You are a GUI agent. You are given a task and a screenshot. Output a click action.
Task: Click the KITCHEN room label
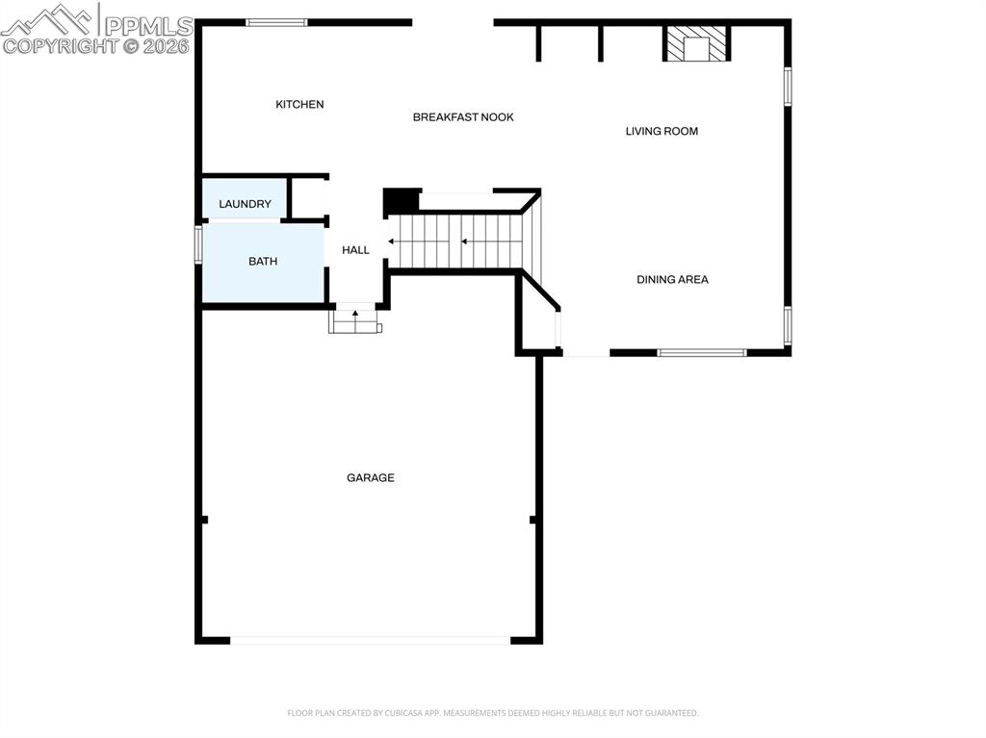coord(299,104)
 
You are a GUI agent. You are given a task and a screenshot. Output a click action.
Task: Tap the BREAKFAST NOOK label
coord(463,117)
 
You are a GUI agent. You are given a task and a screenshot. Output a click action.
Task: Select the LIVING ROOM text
coord(662,131)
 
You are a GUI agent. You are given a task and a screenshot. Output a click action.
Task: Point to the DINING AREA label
coord(672,279)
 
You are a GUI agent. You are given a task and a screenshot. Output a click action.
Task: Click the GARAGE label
coord(371,477)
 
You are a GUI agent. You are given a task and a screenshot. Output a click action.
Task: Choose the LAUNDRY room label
coord(245,204)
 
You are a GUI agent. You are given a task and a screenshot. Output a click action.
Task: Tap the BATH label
coord(263,261)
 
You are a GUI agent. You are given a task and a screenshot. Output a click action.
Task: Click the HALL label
coord(355,250)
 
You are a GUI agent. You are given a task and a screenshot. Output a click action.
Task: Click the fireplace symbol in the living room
coord(696,44)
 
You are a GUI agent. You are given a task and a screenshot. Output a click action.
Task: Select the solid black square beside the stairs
coord(402,201)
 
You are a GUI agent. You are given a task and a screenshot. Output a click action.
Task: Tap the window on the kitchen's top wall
coord(276,22)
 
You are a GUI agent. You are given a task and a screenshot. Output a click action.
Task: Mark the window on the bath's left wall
coord(198,243)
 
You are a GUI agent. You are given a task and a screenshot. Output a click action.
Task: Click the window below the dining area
coord(702,352)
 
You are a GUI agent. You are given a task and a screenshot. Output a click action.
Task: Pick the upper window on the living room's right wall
coord(787,86)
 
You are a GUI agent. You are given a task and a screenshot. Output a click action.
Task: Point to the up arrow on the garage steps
coord(355,314)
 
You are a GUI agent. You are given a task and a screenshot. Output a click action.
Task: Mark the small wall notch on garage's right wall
coord(533,520)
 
